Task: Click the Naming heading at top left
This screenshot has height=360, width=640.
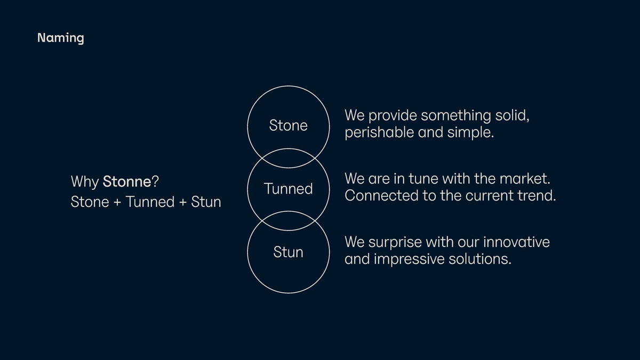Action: tap(60, 38)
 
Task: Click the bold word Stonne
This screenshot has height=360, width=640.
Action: tap(127, 181)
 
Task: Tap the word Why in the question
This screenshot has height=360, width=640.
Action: tap(84, 182)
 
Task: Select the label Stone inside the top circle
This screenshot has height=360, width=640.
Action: tap(288, 125)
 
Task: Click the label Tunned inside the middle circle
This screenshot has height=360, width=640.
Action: tap(288, 189)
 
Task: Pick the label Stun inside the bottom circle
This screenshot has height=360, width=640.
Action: tap(288, 252)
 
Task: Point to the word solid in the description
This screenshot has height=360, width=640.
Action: tap(513, 115)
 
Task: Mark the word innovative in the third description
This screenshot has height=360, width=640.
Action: tap(516, 242)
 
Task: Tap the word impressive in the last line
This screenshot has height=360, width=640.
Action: tap(410, 260)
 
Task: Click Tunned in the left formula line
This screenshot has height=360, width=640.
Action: tap(150, 202)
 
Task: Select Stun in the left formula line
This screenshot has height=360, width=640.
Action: tap(206, 202)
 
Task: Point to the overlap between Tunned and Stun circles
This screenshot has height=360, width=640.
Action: tap(288, 221)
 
